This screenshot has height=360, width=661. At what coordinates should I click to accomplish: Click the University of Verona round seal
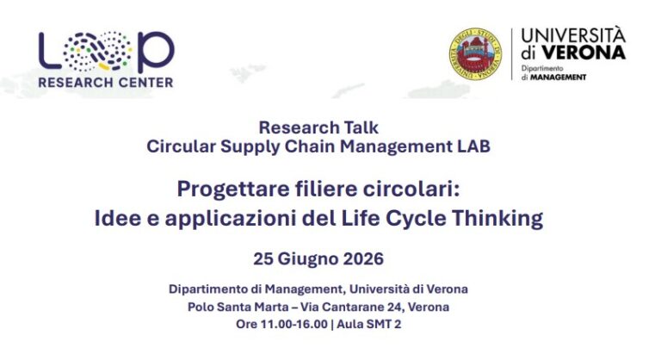point(475,54)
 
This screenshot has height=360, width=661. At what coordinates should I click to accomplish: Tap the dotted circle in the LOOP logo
point(97,51)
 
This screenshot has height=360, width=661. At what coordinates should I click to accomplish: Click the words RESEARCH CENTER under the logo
point(105,83)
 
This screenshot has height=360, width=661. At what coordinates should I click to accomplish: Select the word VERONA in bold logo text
point(584,53)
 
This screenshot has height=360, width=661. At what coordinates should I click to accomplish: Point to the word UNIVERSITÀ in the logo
point(573,34)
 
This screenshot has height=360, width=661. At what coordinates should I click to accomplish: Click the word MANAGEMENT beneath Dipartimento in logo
point(558,78)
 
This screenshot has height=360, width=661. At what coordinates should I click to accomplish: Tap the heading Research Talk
point(318,127)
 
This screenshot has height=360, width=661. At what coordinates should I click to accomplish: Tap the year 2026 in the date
point(363,258)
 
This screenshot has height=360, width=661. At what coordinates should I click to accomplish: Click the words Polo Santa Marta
point(238,307)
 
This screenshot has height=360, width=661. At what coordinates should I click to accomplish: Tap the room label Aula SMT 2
point(369,324)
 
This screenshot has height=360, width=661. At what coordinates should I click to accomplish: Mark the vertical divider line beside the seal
point(511,54)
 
